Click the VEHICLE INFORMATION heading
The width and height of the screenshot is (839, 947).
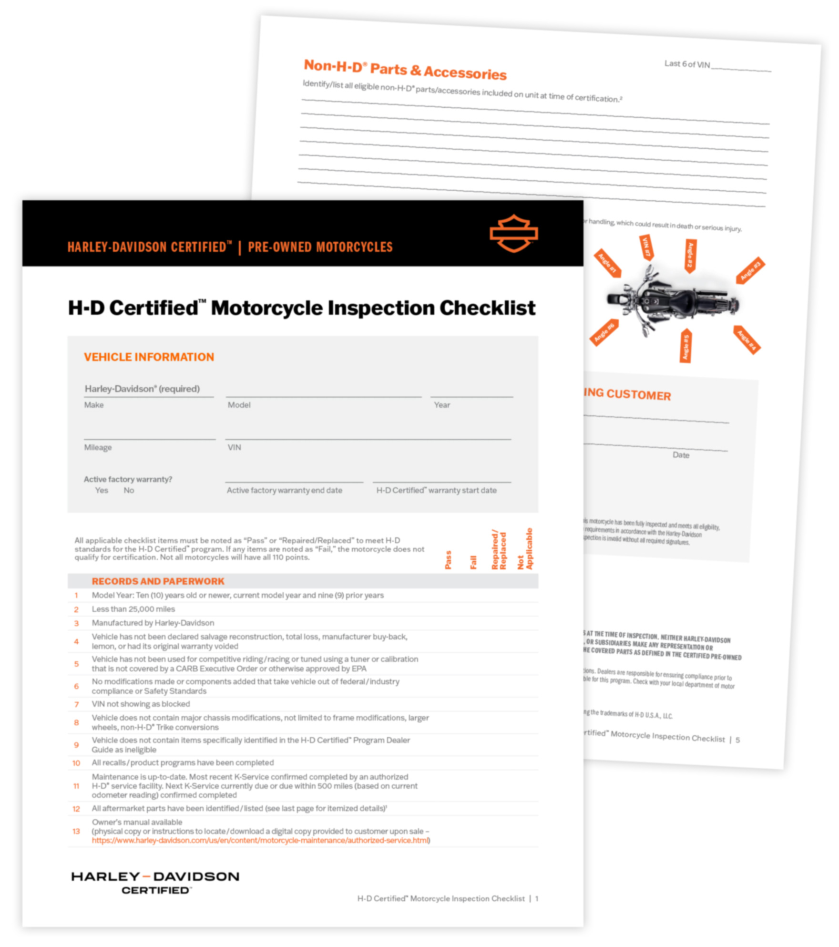coord(149,357)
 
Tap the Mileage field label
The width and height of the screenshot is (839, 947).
coord(98,447)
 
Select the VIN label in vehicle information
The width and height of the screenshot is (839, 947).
coord(234,447)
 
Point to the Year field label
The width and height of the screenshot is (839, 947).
coord(441,405)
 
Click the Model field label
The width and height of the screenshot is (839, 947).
coord(239,405)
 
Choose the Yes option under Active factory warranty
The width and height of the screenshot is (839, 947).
coord(102,490)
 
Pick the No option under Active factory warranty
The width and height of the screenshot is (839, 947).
coord(129,490)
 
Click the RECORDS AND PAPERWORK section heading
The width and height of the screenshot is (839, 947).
coord(158,581)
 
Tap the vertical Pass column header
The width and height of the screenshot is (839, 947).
coord(448,559)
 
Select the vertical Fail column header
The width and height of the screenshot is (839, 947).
coord(473,562)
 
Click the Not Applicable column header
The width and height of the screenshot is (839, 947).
coord(525,549)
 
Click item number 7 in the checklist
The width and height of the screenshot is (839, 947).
coord(76,704)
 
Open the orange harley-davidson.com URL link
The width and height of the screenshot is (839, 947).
coord(260,841)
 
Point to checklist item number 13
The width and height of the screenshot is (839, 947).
coord(76,832)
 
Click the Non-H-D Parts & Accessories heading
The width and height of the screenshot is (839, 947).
coord(405,70)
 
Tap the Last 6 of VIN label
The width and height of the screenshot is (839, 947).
coord(687,64)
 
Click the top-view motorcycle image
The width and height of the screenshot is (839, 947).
coord(672,301)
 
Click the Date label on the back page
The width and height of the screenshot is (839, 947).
coord(681,455)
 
